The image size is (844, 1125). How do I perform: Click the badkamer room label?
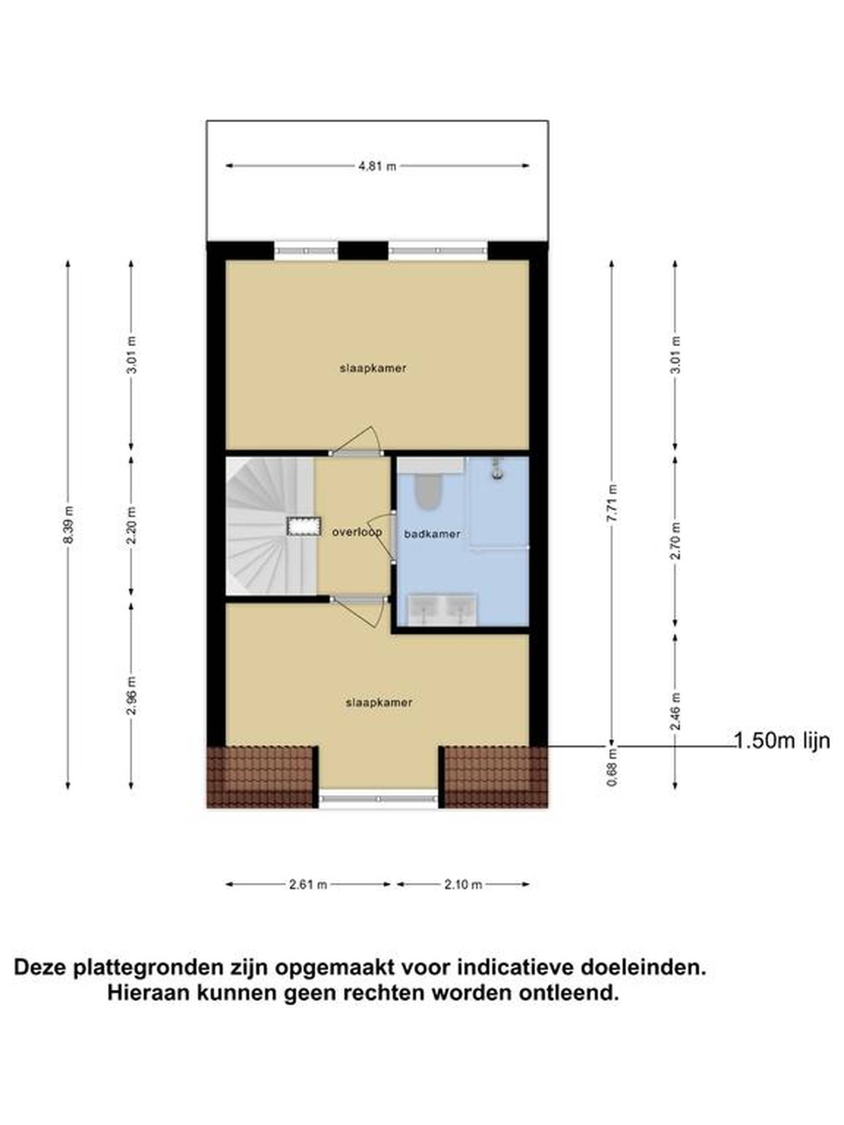click(x=432, y=534)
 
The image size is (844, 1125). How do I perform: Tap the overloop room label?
click(x=357, y=533)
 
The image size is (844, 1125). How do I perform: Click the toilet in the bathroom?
click(x=427, y=491)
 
